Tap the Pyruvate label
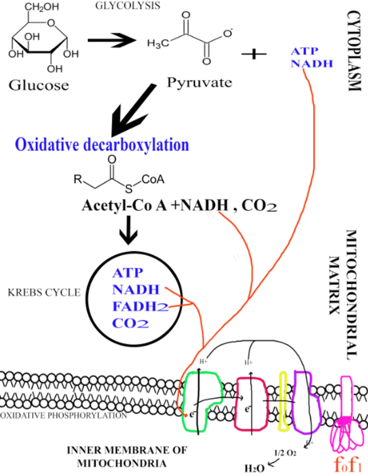(199, 82)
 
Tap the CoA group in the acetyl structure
(153, 179)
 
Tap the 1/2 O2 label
(284, 453)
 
